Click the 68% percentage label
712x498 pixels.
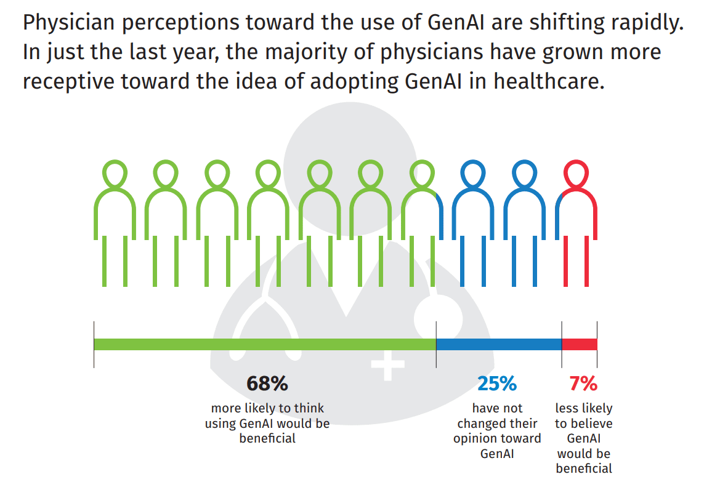point(267,384)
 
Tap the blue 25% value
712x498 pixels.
point(497,384)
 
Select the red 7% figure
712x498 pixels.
point(583,384)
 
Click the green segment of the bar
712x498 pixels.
point(265,344)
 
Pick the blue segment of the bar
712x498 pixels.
point(499,344)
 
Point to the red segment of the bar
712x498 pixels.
point(580,344)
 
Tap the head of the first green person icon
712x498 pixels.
point(115,174)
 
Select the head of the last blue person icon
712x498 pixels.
point(524,174)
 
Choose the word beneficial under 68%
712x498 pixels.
point(267,438)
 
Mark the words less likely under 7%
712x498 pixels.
point(583,408)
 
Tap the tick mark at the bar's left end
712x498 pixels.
point(94,344)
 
